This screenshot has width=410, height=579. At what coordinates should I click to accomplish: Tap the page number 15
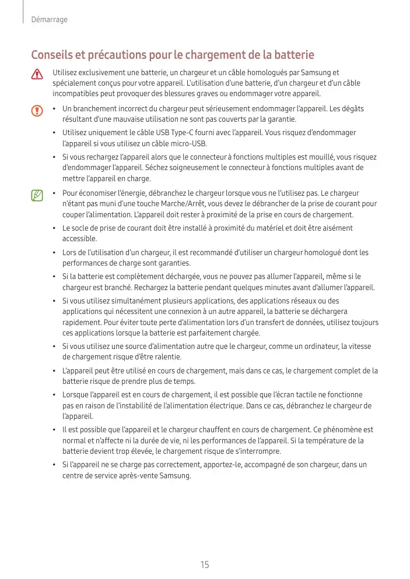coord(205,564)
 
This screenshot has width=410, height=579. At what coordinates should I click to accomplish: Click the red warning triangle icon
coord(37,74)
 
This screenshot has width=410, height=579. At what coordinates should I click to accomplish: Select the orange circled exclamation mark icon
coord(37,110)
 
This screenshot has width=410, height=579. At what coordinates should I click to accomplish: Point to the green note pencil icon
coord(37,194)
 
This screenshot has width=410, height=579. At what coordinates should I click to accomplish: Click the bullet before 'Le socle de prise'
coord(53,228)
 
